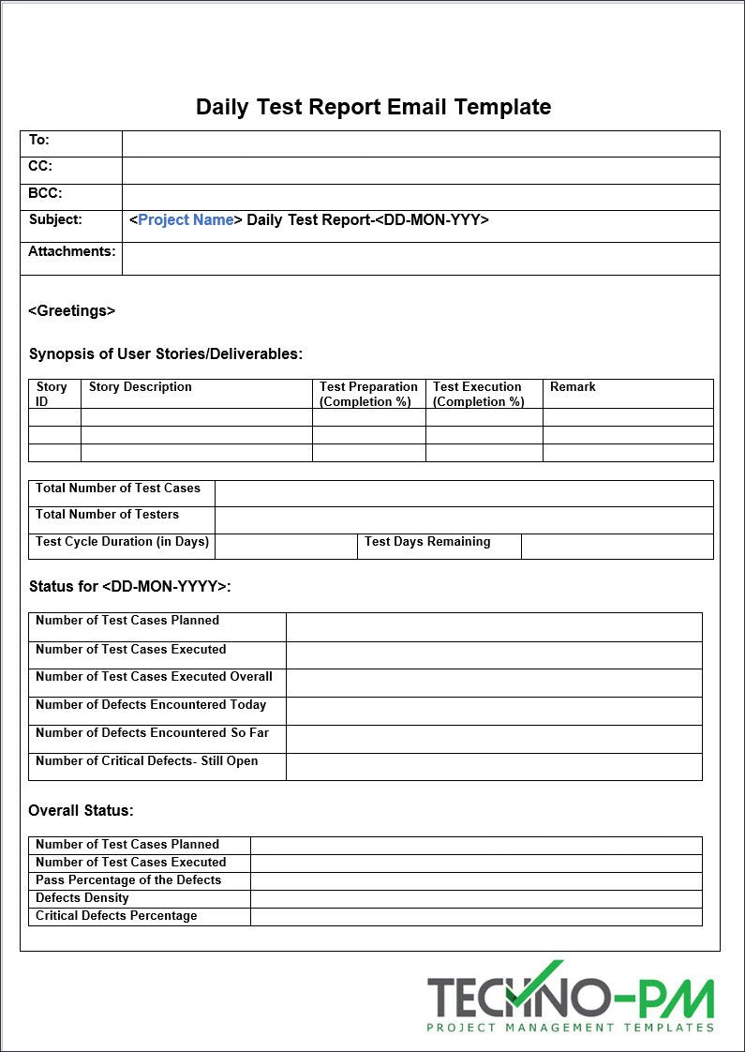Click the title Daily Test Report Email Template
(373, 107)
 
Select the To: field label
(38, 140)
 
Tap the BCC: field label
(45, 193)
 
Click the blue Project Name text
(186, 220)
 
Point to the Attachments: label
(72, 251)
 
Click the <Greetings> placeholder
(72, 310)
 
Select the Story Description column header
(141, 386)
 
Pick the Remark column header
(573, 386)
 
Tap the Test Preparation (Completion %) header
(368, 394)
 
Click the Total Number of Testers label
(107, 514)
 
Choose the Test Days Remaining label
(427, 541)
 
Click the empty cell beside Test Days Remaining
(617, 547)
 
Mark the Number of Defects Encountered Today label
(151, 704)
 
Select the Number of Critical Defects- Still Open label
(147, 760)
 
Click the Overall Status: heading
(81, 810)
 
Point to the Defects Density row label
(82, 897)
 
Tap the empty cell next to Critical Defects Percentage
(476, 916)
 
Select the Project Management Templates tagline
(570, 1027)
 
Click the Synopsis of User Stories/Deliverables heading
(166, 353)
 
